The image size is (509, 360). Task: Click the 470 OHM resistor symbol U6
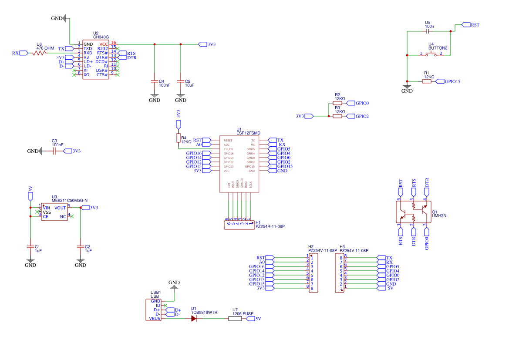pos(39,53)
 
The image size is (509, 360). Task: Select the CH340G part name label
pos(101,37)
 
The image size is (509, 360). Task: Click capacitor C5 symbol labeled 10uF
pos(181,81)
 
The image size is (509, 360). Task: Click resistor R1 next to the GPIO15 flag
pos(427,81)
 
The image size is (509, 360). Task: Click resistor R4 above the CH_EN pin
pos(178,138)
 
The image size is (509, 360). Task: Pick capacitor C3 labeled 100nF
pos(55,151)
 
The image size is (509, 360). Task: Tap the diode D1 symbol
pos(194,319)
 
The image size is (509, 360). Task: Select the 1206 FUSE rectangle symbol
pos(235,319)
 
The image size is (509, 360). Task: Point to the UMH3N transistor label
pos(439,216)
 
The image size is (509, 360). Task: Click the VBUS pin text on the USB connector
pos(155,319)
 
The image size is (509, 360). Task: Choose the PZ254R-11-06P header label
pos(273,226)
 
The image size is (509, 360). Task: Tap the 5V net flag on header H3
pos(387,288)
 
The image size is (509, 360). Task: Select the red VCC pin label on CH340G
pos(104,44)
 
